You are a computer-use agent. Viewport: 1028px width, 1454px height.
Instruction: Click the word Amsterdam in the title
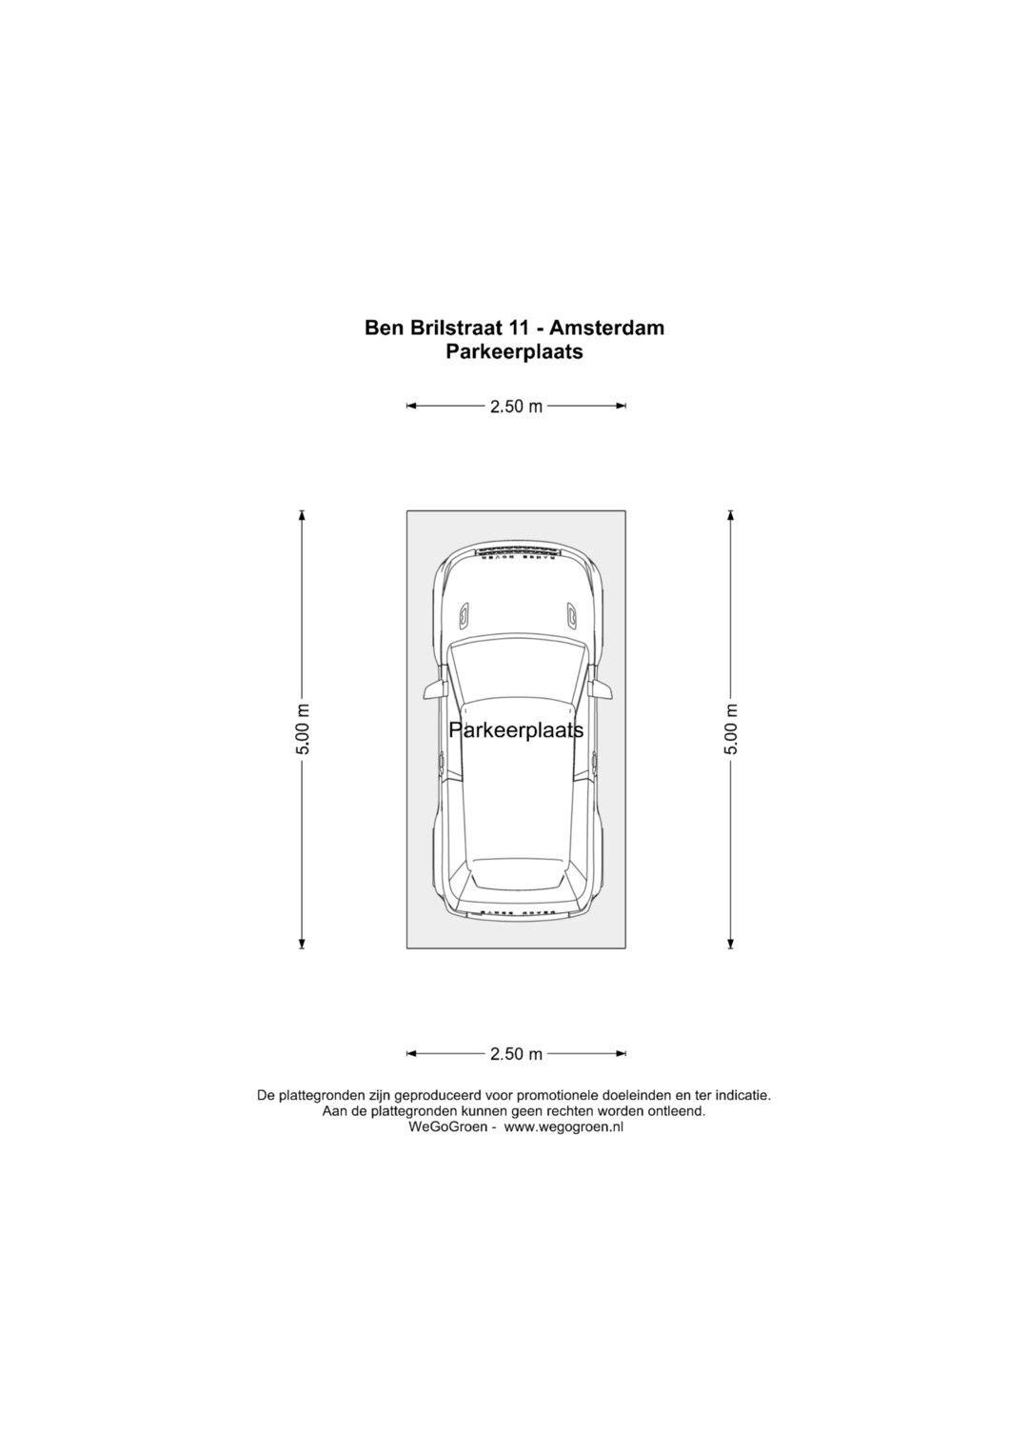[607, 328]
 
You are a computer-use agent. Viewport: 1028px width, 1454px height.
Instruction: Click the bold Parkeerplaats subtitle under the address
[514, 351]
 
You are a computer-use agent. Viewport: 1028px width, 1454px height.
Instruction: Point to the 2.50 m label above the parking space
[516, 407]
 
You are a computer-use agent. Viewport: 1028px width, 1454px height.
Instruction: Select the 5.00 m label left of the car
[303, 729]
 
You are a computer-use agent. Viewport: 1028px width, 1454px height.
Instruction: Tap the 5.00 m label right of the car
[731, 729]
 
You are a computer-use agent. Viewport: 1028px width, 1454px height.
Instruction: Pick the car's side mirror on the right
[601, 690]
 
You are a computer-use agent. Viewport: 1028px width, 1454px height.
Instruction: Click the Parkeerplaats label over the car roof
[516, 731]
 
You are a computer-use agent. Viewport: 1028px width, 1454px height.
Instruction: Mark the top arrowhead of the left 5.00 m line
[302, 516]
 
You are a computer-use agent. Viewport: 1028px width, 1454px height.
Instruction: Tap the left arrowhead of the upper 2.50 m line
[411, 407]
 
